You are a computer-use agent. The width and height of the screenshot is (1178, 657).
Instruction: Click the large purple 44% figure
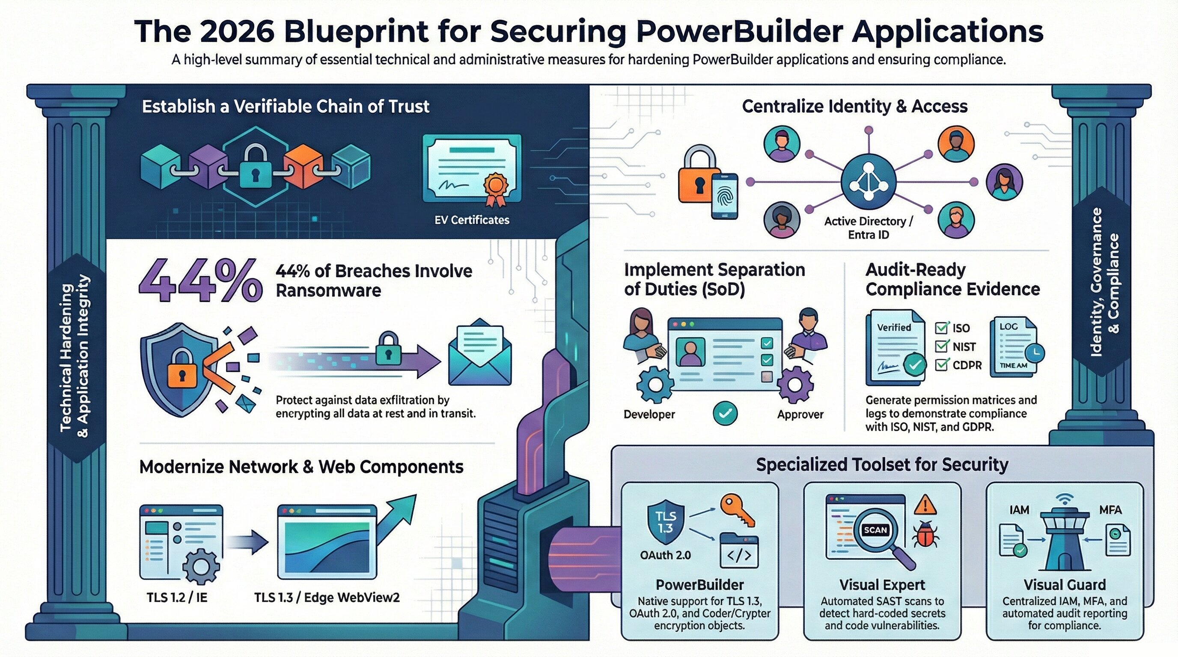point(200,280)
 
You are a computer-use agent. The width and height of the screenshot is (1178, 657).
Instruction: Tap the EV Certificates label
point(471,220)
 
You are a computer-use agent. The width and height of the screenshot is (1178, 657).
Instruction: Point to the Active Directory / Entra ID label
point(868,228)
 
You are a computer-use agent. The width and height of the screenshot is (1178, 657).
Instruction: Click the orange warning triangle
point(925,505)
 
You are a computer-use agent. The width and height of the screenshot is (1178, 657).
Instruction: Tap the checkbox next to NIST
point(941,347)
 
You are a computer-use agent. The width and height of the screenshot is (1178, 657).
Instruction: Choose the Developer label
point(649,414)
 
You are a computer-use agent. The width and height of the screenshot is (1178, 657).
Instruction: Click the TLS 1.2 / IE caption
point(176,597)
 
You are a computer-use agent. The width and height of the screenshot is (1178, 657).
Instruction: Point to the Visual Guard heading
point(1064,585)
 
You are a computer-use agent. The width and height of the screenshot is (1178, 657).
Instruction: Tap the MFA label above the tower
point(1110,509)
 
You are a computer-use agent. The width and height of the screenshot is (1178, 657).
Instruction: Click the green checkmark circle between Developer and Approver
point(725,413)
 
